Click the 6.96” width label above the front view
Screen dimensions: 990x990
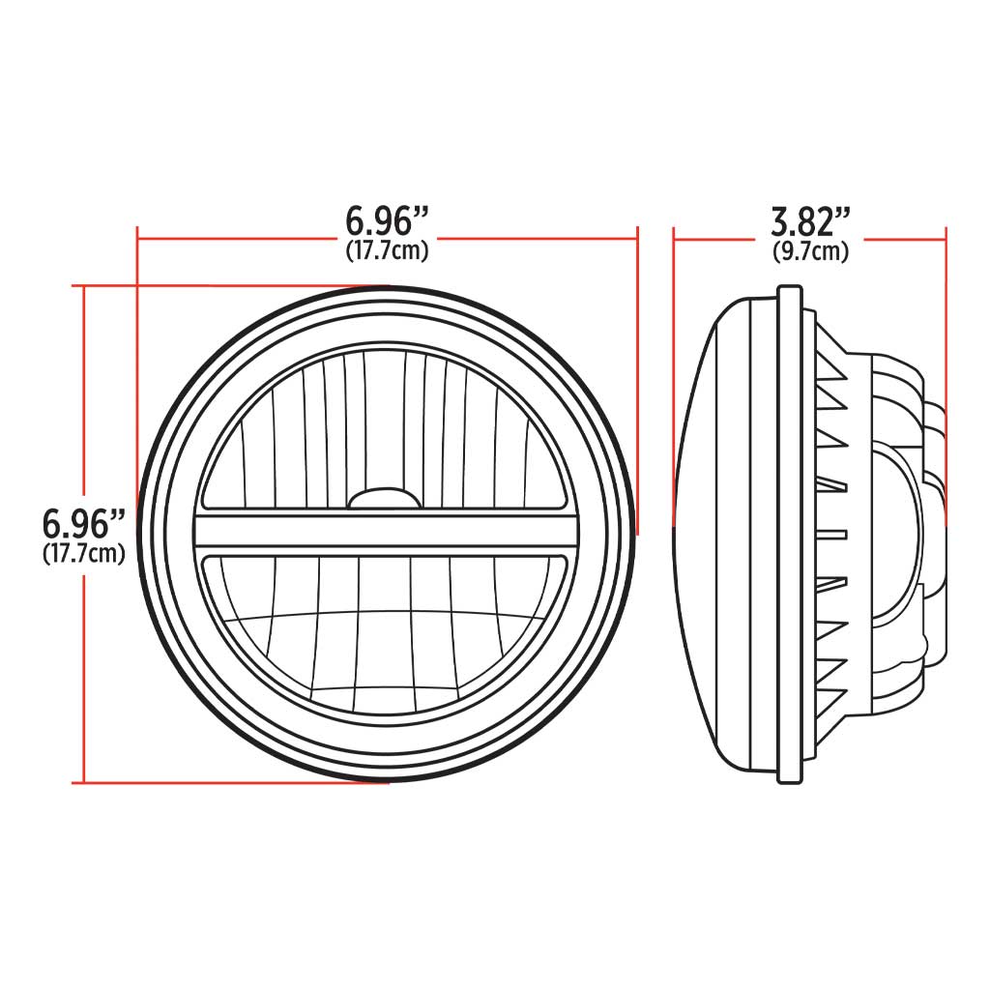(387, 221)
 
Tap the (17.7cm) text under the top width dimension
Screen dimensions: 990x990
(387, 251)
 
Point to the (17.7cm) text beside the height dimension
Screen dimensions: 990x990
(84, 555)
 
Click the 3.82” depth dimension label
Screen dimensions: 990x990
(810, 222)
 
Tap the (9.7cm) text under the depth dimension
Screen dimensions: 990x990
(810, 252)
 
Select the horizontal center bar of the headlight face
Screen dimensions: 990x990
(387, 531)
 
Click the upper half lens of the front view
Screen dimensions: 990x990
(387, 425)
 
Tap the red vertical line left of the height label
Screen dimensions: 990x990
(86, 406)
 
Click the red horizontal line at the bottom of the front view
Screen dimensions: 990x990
(232, 782)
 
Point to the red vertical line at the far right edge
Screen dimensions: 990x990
(946, 367)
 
